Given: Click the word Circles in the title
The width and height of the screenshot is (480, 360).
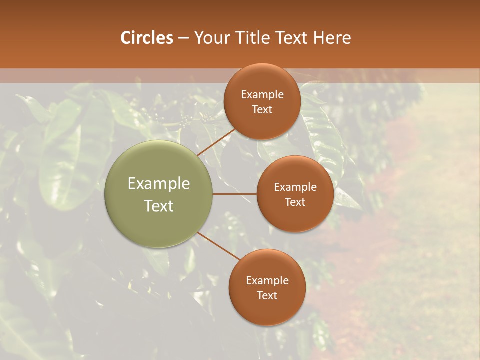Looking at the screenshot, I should (x=147, y=38).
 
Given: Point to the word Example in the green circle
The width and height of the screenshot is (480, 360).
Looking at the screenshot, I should (x=159, y=184).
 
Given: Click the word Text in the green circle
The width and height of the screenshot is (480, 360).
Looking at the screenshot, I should (x=159, y=206).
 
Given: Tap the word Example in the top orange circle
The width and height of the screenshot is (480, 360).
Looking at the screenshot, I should (x=262, y=95).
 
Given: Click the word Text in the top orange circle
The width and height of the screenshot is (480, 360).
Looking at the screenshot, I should (x=262, y=109).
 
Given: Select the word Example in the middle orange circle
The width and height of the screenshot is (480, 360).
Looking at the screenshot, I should (x=295, y=187).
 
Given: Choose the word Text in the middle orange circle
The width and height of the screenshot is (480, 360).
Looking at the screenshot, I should (x=295, y=202).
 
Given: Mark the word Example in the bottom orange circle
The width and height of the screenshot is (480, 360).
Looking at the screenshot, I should (x=267, y=281).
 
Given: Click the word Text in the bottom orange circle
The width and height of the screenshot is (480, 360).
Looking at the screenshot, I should (x=267, y=295).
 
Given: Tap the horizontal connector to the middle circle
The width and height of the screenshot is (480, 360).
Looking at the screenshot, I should (x=235, y=194).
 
